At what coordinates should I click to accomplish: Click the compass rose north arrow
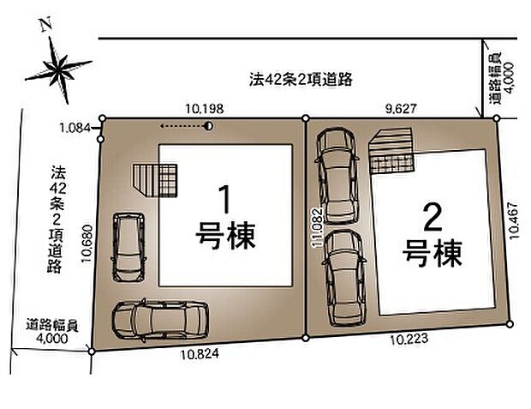[58, 68]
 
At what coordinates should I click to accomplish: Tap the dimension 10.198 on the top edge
[204, 109]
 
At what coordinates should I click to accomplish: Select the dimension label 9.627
[401, 109]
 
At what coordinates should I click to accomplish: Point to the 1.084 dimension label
[75, 128]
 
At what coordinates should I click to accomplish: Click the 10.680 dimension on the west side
[87, 244]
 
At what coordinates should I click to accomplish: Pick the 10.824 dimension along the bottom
[200, 354]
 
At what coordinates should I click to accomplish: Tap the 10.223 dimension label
[409, 339]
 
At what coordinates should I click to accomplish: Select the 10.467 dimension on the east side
[513, 220]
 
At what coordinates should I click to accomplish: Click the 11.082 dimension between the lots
[318, 227]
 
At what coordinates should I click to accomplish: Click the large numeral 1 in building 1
[225, 200]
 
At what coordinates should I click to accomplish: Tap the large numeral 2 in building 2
[433, 218]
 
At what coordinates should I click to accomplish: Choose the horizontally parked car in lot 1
[160, 321]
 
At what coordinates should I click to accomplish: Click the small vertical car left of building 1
[128, 247]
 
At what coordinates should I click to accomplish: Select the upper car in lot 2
[337, 175]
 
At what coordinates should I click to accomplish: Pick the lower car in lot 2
[345, 278]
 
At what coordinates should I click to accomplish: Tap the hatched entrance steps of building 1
[155, 180]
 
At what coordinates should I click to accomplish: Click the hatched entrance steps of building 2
[391, 151]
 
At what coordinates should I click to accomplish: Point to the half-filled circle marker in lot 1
[209, 127]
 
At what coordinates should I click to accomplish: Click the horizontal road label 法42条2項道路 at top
[301, 80]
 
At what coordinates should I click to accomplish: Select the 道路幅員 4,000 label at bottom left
[52, 332]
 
